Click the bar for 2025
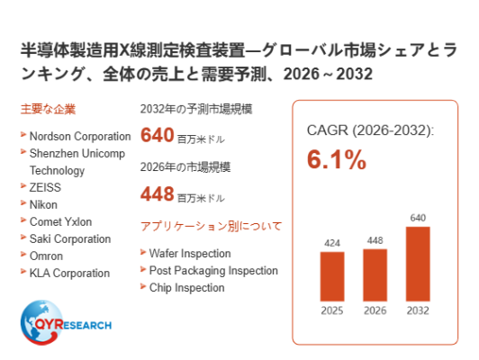tap(332, 276)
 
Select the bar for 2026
tap(375, 275)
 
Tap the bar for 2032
tap(418, 264)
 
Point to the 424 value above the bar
tap(332, 243)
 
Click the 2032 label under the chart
tap(418, 310)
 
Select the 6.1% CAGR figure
tap(337, 159)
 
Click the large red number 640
tap(157, 135)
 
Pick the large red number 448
tap(157, 193)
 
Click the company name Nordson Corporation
tap(80, 136)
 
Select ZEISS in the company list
tap(45, 187)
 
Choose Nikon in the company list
tap(43, 204)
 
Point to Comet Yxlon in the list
tap(60, 221)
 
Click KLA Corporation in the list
tap(69, 273)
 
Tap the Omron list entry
tap(46, 256)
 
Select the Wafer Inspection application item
tap(190, 254)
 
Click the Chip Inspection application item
tap(186, 288)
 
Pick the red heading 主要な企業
tap(48, 109)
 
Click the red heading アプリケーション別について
tap(211, 226)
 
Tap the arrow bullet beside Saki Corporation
tap(23, 237)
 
